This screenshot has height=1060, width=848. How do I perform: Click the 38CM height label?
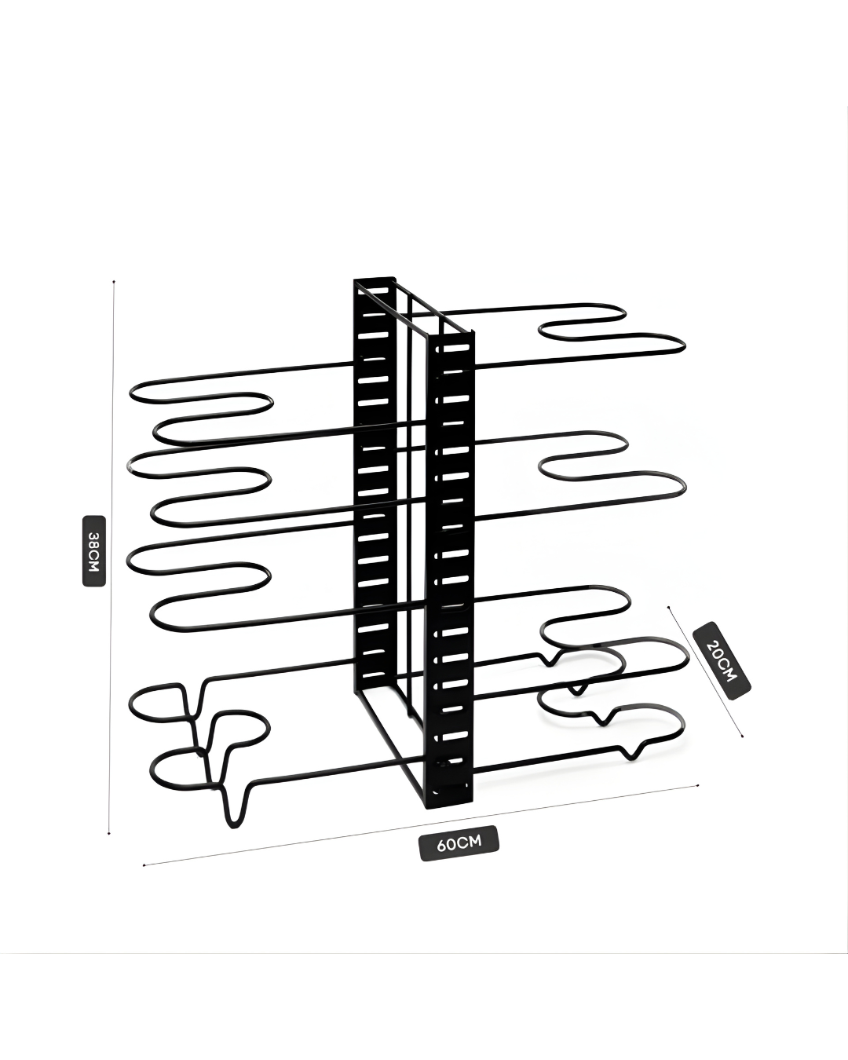coord(93,551)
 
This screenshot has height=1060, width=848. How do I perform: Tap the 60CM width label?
coord(459,844)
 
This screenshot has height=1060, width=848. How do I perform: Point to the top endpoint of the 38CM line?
coord(115,280)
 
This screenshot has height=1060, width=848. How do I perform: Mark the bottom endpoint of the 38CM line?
coord(109,834)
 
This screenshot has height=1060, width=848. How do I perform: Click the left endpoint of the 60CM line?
coord(144,865)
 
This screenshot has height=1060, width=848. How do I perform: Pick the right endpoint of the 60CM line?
coord(698,784)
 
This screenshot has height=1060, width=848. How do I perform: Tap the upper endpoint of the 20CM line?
coord(668,606)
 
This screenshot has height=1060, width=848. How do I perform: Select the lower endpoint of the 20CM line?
coord(742,737)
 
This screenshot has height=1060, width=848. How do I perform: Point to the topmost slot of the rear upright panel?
coord(375,291)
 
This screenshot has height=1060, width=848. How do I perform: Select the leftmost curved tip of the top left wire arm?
coord(131,393)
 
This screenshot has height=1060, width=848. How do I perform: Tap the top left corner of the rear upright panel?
coord(355,280)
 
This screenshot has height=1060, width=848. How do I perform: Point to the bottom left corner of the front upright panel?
coord(428,808)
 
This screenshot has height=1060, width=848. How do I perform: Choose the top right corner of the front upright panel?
coord(474,333)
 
